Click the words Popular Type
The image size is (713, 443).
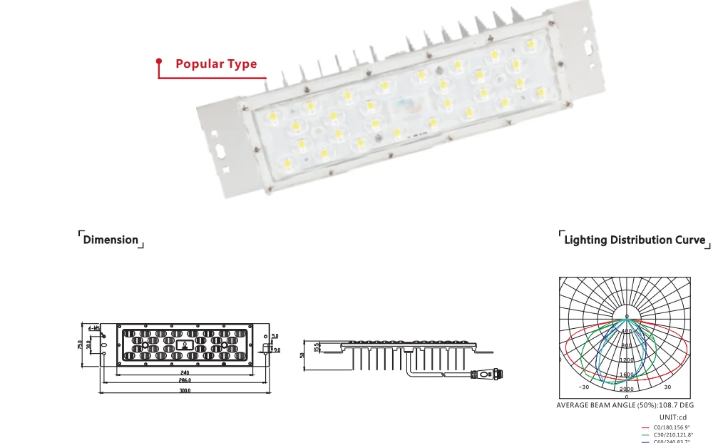pyautogui.click(x=216, y=64)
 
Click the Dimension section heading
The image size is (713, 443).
pyautogui.click(x=111, y=240)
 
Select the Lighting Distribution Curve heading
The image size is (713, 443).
pyautogui.click(x=635, y=240)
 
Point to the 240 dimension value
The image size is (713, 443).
pyautogui.click(x=185, y=372)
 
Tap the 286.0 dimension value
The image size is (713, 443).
pyautogui.click(x=185, y=381)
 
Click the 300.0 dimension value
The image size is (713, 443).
pyautogui.click(x=185, y=390)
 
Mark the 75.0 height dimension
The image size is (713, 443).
pyautogui.click(x=80, y=345)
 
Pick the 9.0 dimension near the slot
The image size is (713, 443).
pyautogui.click(x=276, y=350)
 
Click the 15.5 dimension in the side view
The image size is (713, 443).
pyautogui.click(x=316, y=345)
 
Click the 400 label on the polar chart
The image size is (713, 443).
pyautogui.click(x=626, y=331)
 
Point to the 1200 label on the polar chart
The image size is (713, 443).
pyautogui.click(x=626, y=360)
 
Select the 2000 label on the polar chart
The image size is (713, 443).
pyautogui.click(x=626, y=389)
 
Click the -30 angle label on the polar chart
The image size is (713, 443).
pyautogui.click(x=584, y=387)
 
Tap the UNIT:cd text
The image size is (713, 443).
pyautogui.click(x=672, y=417)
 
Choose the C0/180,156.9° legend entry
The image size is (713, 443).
pyautogui.click(x=672, y=427)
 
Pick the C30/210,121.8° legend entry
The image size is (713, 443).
pyautogui.click(x=672, y=434)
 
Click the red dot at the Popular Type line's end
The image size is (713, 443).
pyautogui.click(x=160, y=62)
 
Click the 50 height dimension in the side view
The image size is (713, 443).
pyautogui.click(x=302, y=355)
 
